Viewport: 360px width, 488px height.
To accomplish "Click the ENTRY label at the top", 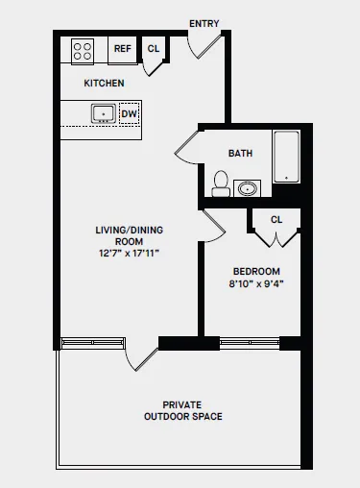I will [204, 23].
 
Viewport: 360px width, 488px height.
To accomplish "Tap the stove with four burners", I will [82, 50].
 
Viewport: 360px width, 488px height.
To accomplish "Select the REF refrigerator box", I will [123, 49].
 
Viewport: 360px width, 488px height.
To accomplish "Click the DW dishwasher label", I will [129, 113].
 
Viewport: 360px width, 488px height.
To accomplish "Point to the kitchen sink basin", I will [104, 114].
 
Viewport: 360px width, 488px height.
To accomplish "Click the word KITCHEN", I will [104, 84].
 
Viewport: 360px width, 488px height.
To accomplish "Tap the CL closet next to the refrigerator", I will [154, 49].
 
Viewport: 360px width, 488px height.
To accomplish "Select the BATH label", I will [240, 154].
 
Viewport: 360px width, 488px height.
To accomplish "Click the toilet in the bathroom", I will [221, 183].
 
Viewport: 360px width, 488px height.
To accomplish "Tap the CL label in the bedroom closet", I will [276, 220].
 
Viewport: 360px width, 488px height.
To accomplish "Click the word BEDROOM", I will [256, 272].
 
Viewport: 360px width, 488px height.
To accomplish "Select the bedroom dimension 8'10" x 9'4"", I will [256, 284].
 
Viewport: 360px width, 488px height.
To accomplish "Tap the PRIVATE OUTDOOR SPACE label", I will [182, 410].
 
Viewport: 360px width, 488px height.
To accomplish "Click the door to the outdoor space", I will [142, 355].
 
